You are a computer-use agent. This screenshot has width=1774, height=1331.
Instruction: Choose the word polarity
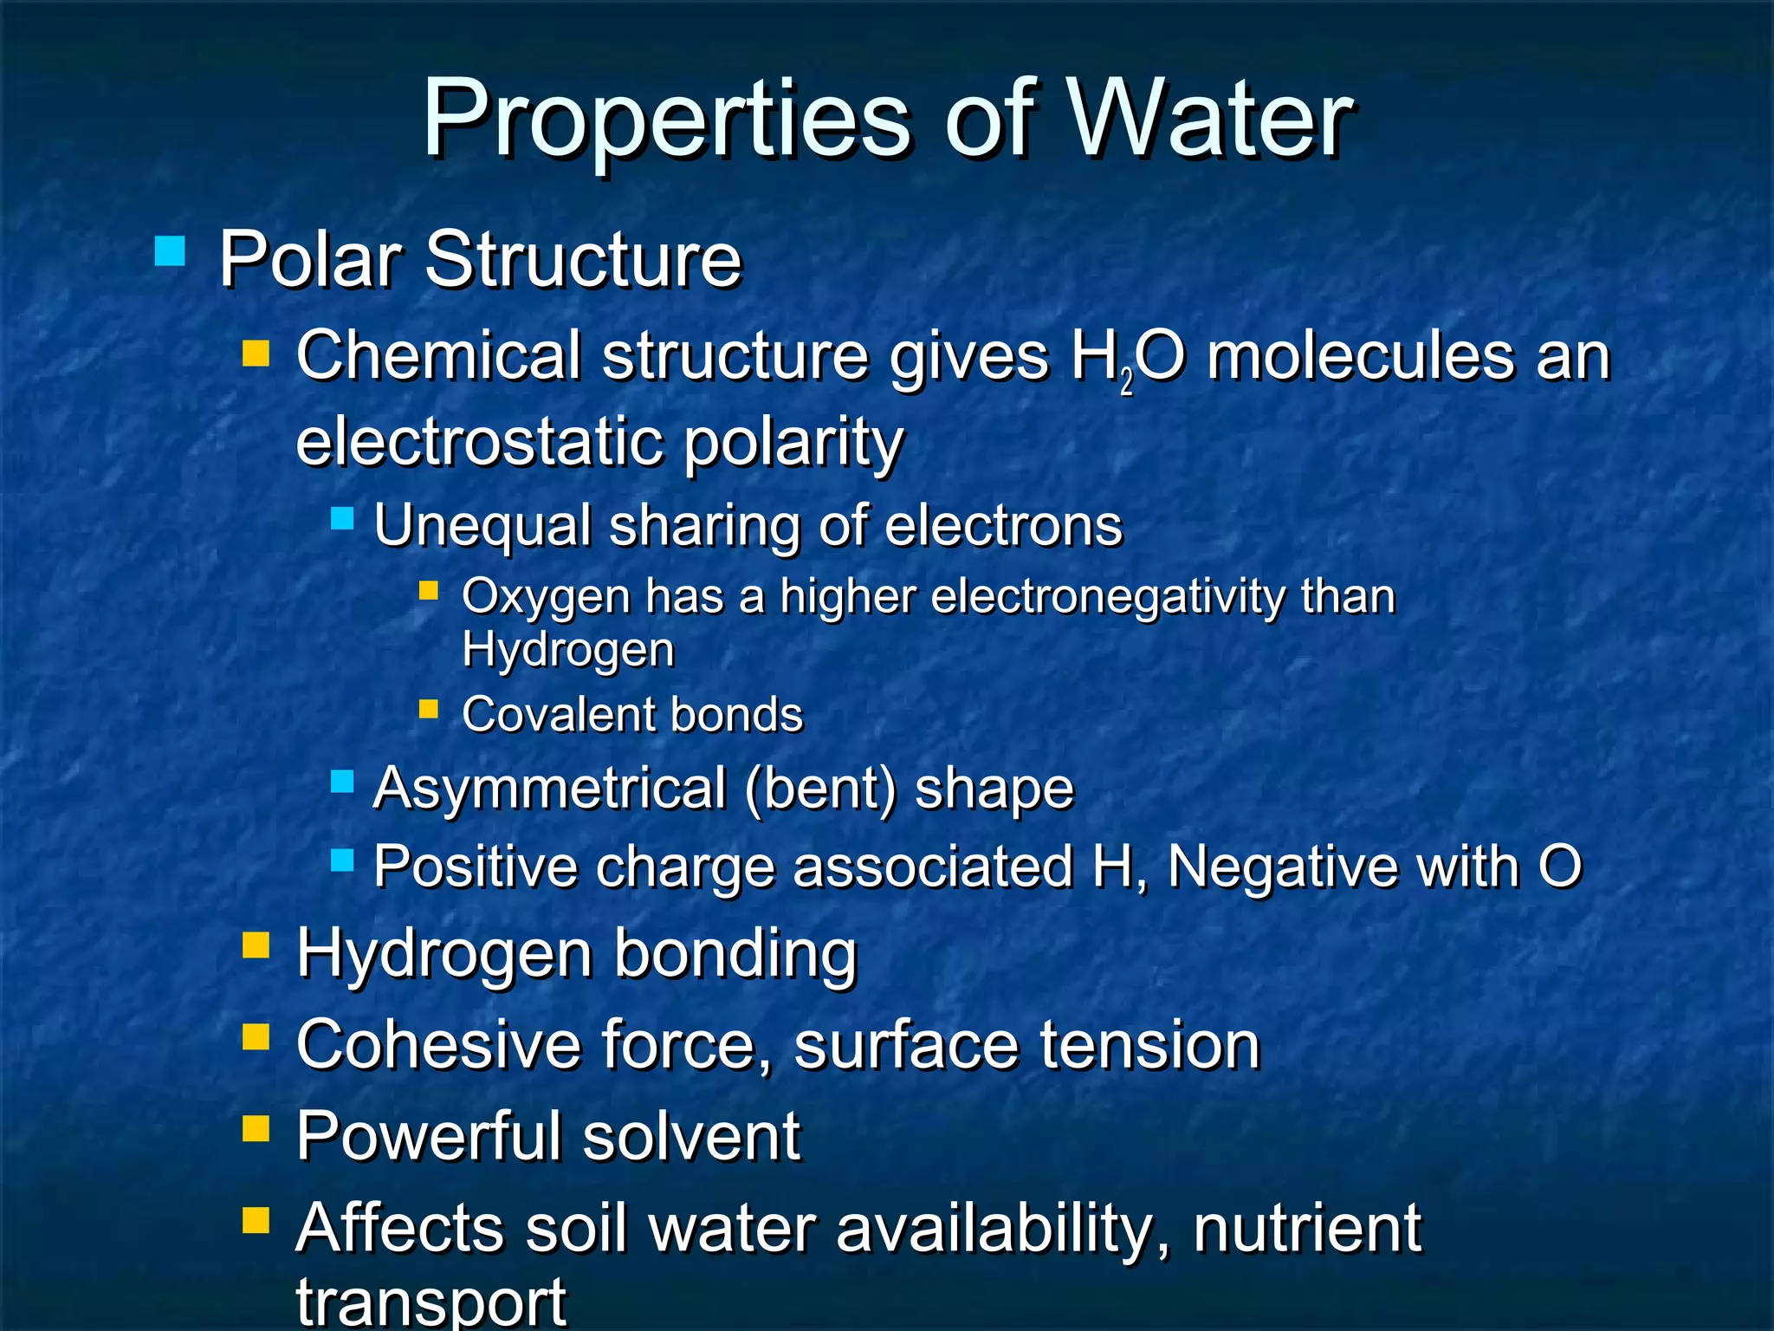coord(793,443)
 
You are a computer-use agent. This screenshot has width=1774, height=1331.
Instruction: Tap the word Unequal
coord(482,526)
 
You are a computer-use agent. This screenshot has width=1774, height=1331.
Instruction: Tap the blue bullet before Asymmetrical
coord(343,782)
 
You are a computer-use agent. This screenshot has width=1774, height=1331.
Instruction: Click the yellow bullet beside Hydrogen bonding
coord(256,945)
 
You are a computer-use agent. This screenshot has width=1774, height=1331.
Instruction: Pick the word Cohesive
coord(438,1045)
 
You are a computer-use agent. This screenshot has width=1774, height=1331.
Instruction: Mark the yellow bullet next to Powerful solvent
coord(256,1129)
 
